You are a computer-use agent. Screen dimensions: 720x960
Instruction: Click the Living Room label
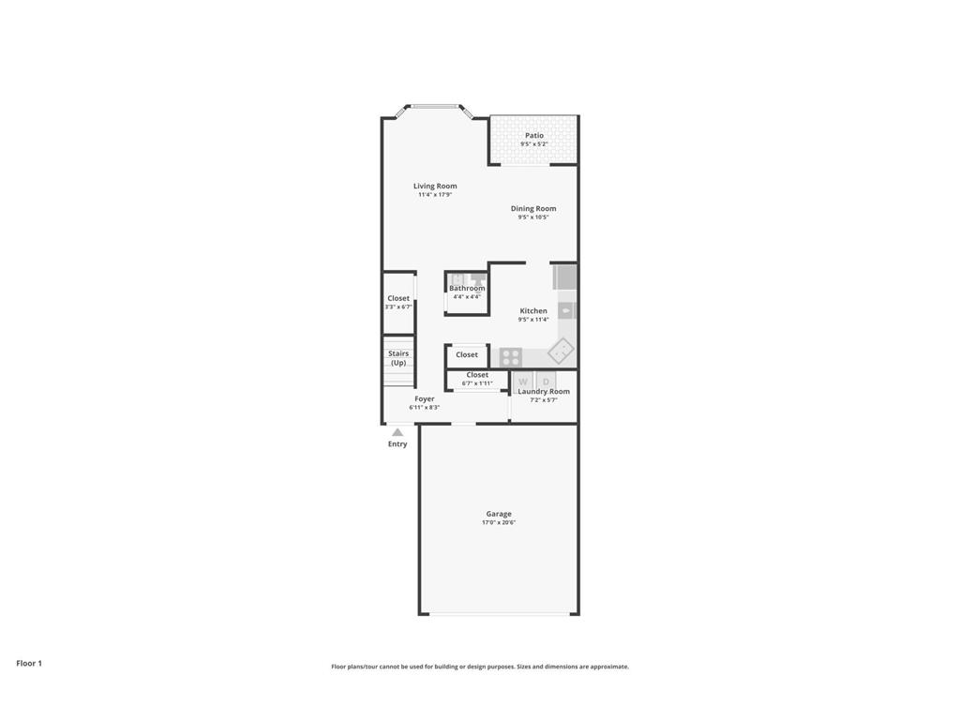click(435, 186)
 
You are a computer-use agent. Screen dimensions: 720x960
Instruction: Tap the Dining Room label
click(533, 209)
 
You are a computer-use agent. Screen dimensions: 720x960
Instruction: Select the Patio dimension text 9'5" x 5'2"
click(533, 144)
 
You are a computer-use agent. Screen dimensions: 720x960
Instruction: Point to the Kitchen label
click(533, 311)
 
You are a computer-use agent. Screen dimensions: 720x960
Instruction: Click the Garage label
click(499, 514)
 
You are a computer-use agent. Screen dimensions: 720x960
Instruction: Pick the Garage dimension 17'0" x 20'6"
click(499, 523)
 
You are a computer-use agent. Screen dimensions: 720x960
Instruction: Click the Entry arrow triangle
click(397, 432)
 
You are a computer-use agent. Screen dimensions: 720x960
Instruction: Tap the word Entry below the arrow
click(397, 444)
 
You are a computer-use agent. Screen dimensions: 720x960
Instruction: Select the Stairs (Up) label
click(398, 358)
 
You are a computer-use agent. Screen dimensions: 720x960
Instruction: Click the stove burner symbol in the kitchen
click(511, 356)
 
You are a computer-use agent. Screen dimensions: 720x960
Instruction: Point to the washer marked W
click(523, 382)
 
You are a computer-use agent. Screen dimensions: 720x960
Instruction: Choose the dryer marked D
click(547, 382)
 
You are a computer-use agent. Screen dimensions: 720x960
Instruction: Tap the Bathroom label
click(467, 289)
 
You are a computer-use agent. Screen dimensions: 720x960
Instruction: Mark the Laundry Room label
click(544, 392)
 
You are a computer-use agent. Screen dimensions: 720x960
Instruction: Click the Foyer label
click(425, 398)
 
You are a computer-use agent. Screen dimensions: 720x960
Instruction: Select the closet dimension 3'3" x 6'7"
click(398, 307)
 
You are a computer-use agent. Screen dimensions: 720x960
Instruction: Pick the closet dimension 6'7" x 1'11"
click(477, 383)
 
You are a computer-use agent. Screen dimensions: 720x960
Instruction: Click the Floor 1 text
click(29, 663)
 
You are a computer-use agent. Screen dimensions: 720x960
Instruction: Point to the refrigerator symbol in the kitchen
click(565, 277)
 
